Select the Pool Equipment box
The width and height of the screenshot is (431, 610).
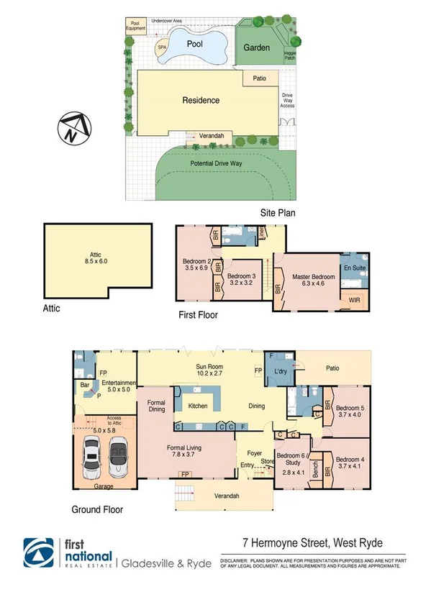[137, 26]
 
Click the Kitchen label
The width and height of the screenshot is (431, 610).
[197, 406]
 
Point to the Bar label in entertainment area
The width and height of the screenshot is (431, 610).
[85, 385]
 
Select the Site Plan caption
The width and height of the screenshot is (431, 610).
[278, 213]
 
